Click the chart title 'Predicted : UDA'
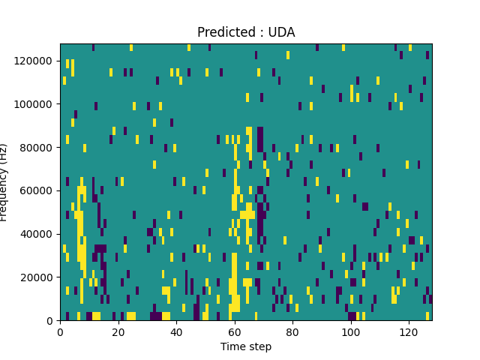click(x=246, y=32)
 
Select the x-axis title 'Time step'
click(x=246, y=346)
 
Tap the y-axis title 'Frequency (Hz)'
click(x=4, y=182)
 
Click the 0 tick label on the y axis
click(x=50, y=321)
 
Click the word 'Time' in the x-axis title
click(x=232, y=346)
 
